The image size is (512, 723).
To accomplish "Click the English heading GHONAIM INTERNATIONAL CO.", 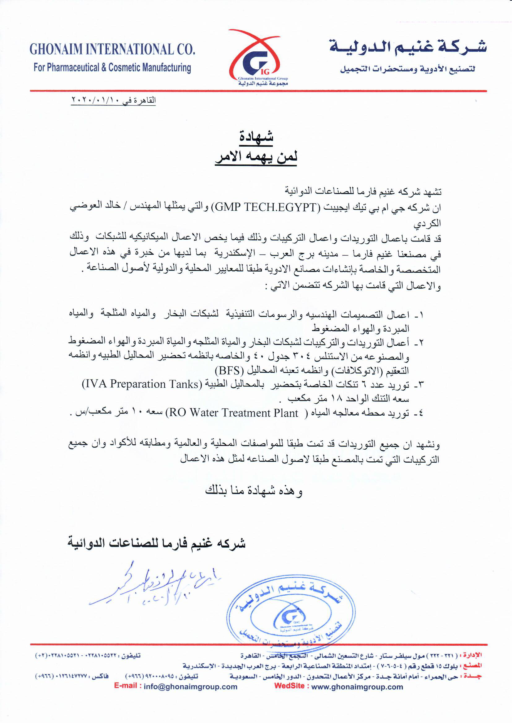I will click(x=112, y=49).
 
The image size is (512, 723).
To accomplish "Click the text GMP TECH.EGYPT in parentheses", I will click(x=266, y=207).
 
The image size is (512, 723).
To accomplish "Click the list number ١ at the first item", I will click(x=422, y=314).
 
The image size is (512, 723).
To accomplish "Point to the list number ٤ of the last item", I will click(x=421, y=413).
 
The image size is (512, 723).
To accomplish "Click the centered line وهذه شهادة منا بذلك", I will click(x=254, y=491).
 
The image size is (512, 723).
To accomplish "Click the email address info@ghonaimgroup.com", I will click(x=190, y=687).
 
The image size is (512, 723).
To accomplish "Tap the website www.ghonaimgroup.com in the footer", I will click(x=357, y=687).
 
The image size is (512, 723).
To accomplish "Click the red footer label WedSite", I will click(x=289, y=686).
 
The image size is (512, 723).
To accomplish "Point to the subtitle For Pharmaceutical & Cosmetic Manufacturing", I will click(x=112, y=68).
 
